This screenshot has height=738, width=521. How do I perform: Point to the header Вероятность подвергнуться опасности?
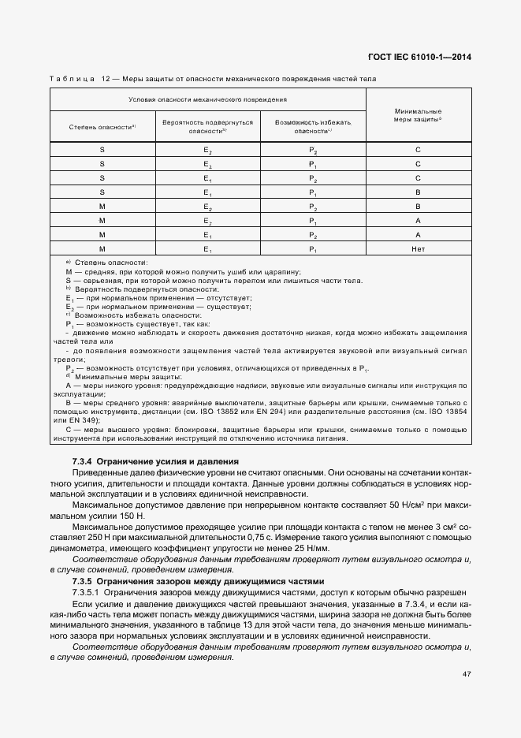208,127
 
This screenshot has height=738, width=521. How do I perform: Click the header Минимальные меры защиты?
418,115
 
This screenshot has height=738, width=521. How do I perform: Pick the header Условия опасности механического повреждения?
208,100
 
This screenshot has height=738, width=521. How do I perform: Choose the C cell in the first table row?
418,149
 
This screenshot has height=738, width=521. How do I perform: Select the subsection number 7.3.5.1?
86,591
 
